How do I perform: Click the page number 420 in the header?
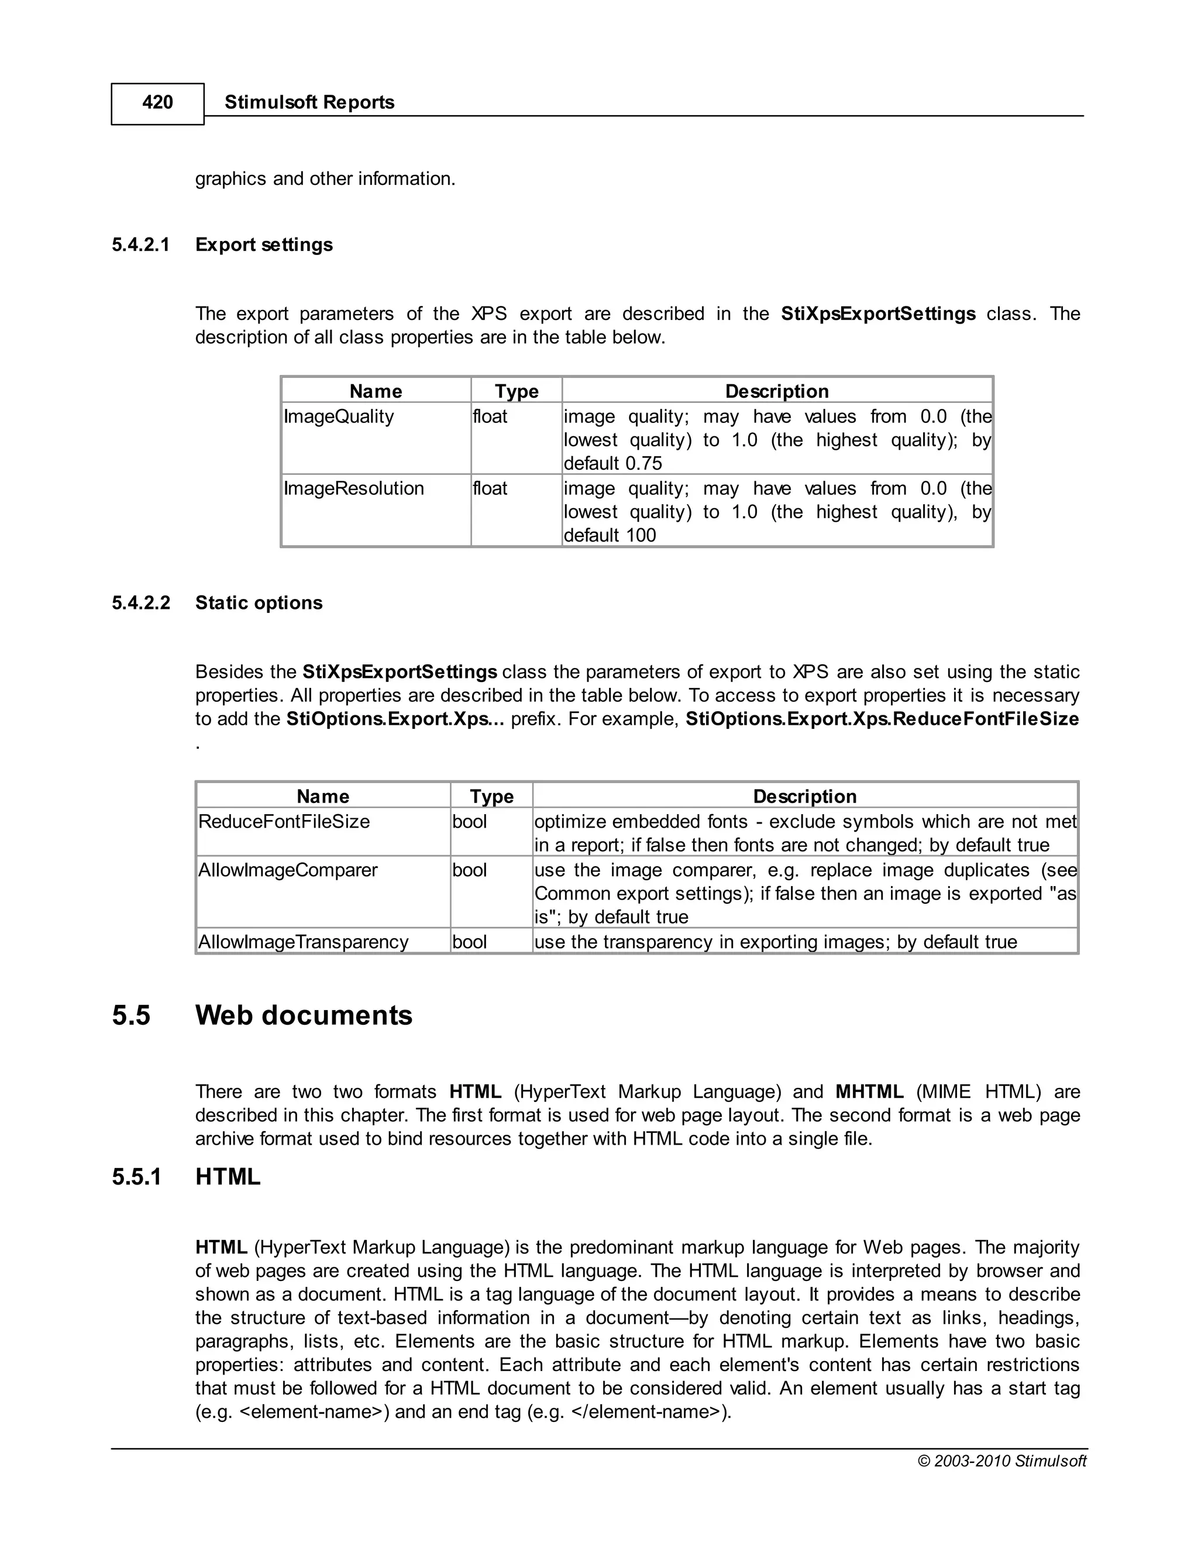157,102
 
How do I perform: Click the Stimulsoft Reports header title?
309,102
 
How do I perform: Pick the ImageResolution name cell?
353,488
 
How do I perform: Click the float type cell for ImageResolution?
490,488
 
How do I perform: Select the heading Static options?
259,602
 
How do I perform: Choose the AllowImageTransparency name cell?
303,942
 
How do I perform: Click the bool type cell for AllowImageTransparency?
469,942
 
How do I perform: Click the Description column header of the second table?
804,796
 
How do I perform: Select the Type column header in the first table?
516,391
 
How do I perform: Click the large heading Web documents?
303,1015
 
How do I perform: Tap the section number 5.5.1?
136,1177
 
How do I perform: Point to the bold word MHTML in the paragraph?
869,1091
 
